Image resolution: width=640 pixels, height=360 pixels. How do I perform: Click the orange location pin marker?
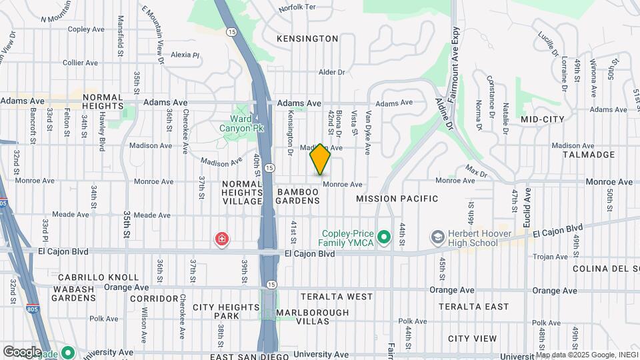(320, 159)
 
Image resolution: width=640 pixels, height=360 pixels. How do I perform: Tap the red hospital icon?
(220, 239)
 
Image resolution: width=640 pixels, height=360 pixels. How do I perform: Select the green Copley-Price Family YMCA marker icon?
(383, 237)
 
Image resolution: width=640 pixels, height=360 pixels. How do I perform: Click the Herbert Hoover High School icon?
(437, 237)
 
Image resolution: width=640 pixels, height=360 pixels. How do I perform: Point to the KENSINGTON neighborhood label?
(308, 39)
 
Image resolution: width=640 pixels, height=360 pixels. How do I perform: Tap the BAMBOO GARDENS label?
(298, 196)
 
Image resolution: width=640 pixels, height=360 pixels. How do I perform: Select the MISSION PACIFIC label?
(397, 199)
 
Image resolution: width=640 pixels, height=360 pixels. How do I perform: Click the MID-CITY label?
(543, 119)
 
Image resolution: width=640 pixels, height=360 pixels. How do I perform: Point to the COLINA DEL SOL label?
(606, 268)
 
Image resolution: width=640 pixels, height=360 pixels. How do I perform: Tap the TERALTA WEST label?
(337, 296)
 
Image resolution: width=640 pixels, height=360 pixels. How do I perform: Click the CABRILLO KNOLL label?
(98, 277)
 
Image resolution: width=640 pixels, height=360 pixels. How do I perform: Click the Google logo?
(22, 351)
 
